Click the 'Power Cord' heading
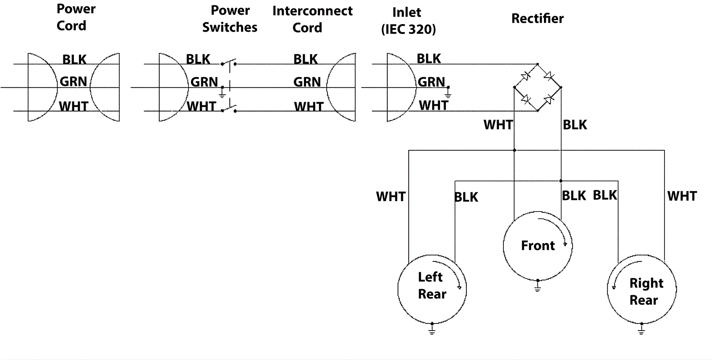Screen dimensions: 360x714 pyautogui.click(x=76, y=17)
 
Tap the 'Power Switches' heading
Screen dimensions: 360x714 pyautogui.click(x=230, y=19)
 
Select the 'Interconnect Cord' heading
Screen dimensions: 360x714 pyautogui.click(x=312, y=19)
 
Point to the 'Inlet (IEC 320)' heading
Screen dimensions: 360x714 pyautogui.click(x=408, y=21)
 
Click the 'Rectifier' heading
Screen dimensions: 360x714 pyautogui.click(x=537, y=18)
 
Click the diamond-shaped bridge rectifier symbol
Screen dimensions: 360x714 pyautogui.click(x=537, y=87)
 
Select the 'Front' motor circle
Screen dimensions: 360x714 pyautogui.click(x=538, y=245)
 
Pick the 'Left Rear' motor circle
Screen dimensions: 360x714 pyautogui.click(x=432, y=289)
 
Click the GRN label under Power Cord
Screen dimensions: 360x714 pyautogui.click(x=74, y=82)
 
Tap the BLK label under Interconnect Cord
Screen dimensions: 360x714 pyautogui.click(x=306, y=59)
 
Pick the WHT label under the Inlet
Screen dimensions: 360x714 pyautogui.click(x=433, y=106)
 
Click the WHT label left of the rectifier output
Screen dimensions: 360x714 pyautogui.click(x=498, y=125)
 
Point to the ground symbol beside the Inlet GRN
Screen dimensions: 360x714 pyautogui.click(x=448, y=93)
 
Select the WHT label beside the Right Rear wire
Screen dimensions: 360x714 pyautogui.click(x=682, y=196)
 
